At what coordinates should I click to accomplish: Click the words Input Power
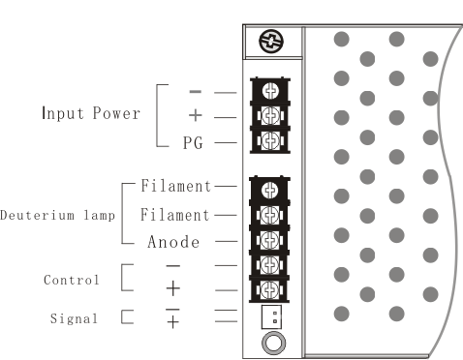(x=91, y=113)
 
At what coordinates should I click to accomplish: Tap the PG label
(x=193, y=142)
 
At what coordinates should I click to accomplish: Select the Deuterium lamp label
(x=57, y=215)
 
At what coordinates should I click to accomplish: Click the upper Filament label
(x=175, y=186)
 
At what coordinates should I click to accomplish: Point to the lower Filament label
(x=175, y=215)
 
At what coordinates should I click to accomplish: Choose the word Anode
(x=173, y=242)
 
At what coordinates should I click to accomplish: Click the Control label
(x=72, y=280)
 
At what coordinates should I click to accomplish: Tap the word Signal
(x=74, y=318)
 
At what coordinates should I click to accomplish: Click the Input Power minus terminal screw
(x=270, y=91)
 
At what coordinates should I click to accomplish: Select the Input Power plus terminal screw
(x=270, y=115)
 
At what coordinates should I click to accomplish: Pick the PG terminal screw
(x=270, y=140)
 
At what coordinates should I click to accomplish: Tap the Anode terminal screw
(x=269, y=240)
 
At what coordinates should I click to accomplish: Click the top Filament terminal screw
(x=270, y=191)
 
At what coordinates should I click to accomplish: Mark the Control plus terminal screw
(x=269, y=289)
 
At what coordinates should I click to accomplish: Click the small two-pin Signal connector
(x=271, y=317)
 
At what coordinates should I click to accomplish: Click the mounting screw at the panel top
(x=271, y=41)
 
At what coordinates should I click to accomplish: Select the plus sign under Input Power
(x=196, y=115)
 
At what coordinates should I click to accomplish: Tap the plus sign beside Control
(x=173, y=288)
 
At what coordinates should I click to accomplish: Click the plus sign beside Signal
(x=173, y=322)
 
